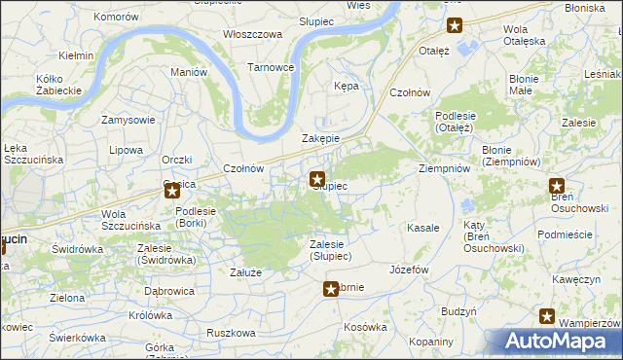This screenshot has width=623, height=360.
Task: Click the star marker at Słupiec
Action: (x=317, y=178)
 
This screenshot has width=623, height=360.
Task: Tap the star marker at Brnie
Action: (x=331, y=288)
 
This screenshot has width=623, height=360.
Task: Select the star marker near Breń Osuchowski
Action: (x=557, y=187)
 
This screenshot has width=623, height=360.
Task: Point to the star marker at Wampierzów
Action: (x=547, y=316)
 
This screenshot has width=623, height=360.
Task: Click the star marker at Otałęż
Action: (x=454, y=25)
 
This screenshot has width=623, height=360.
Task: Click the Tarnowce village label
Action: (x=271, y=67)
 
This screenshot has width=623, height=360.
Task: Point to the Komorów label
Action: (x=116, y=18)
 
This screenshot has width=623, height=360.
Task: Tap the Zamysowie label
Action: (x=128, y=120)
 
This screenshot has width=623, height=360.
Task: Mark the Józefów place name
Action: (x=409, y=270)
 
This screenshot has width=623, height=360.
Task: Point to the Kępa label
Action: (x=347, y=86)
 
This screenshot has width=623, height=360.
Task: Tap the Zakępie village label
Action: (x=320, y=138)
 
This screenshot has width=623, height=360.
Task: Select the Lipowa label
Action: (x=127, y=150)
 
